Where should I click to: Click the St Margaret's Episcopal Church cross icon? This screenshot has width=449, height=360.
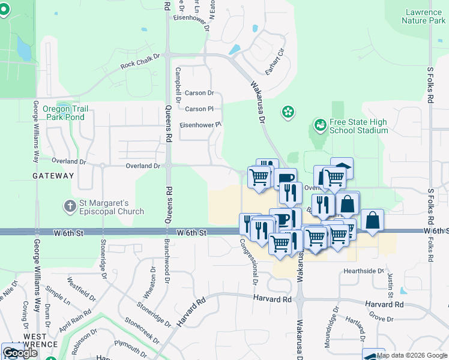click(x=70, y=206)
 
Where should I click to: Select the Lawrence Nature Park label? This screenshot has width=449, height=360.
click(x=424, y=16)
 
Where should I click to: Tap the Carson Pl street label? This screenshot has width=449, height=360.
click(x=199, y=109)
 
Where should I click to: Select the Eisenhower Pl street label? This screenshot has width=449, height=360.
click(x=201, y=125)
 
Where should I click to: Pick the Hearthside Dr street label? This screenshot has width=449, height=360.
click(x=363, y=271)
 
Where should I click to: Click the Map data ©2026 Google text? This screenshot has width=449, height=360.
click(x=411, y=355)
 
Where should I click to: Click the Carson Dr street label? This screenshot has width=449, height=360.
click(x=199, y=93)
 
